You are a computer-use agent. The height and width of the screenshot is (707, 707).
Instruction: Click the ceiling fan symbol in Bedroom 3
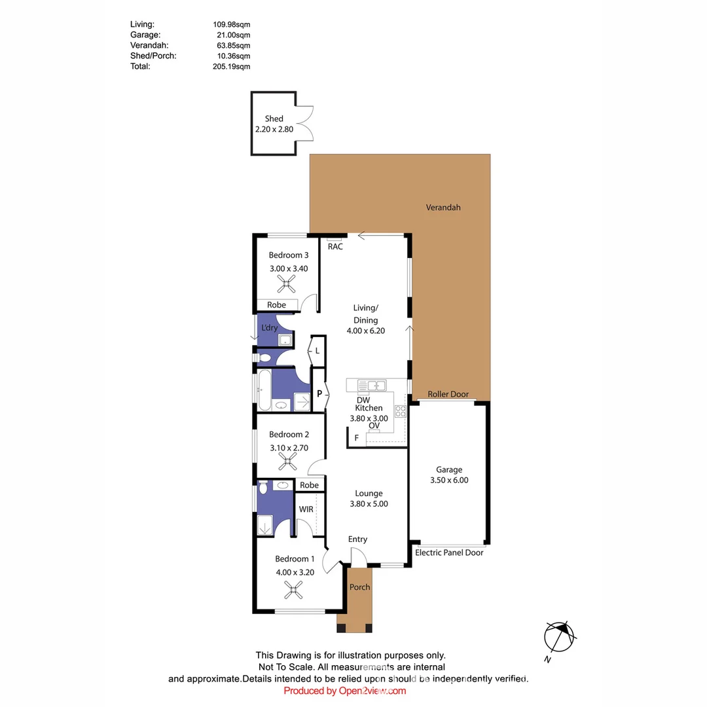(x=286, y=283)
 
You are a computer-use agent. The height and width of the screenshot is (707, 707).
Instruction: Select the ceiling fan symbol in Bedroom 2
(x=288, y=463)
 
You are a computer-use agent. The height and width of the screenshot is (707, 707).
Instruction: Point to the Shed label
(x=274, y=118)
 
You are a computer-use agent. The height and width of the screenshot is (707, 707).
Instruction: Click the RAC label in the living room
(x=335, y=247)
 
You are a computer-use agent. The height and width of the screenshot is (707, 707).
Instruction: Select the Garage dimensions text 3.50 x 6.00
(x=449, y=480)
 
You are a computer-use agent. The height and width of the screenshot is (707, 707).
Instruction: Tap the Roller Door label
(x=448, y=394)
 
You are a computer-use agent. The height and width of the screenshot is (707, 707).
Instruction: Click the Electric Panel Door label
(x=449, y=553)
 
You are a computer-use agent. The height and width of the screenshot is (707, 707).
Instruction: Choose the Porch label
(x=359, y=587)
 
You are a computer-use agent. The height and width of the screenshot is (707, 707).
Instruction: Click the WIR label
(x=306, y=509)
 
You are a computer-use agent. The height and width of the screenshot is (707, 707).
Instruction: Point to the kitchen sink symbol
(x=372, y=385)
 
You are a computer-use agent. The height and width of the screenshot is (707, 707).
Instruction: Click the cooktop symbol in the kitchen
(x=400, y=411)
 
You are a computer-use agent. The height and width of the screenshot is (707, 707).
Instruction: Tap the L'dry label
(x=268, y=327)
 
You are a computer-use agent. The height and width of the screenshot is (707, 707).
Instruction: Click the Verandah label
(x=443, y=208)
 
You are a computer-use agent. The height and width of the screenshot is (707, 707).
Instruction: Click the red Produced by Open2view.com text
(x=345, y=691)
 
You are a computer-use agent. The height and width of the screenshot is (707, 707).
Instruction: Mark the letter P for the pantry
(x=319, y=394)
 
